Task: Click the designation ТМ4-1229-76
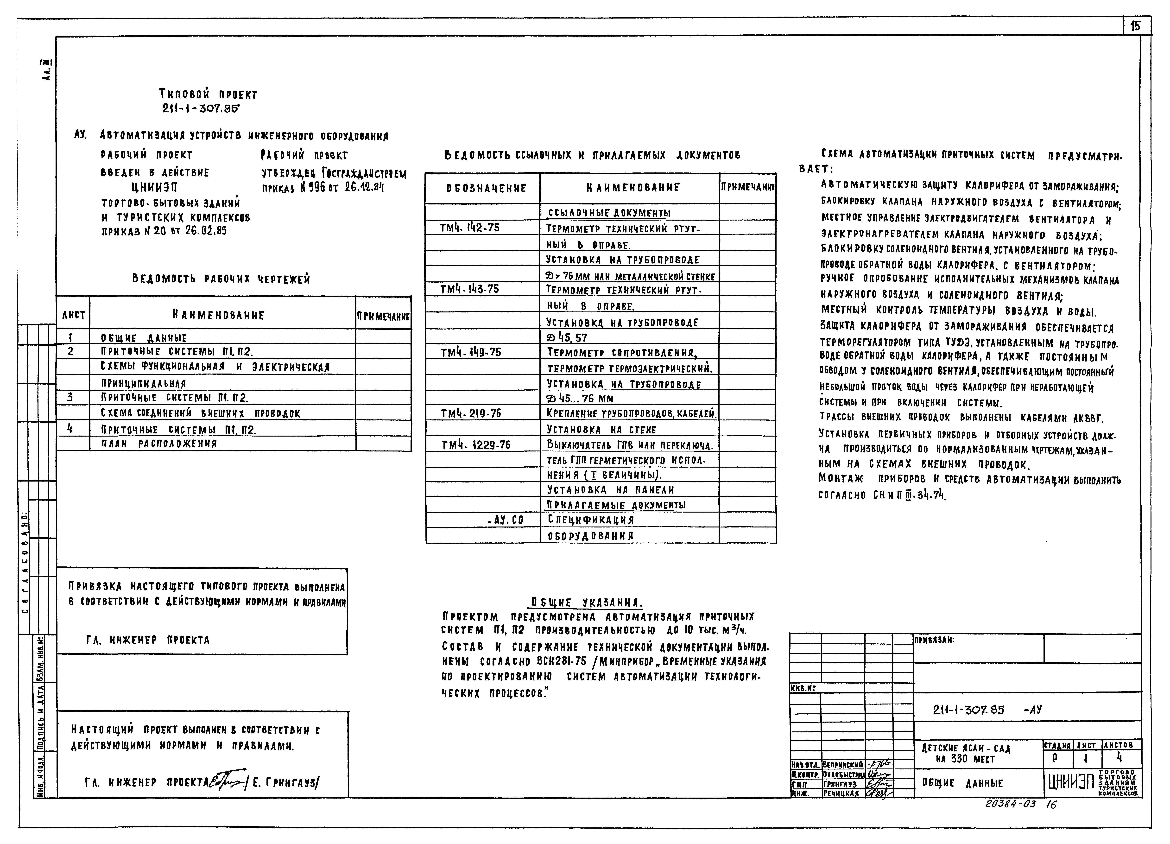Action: coord(475,445)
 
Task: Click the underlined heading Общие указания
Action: coord(587,602)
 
